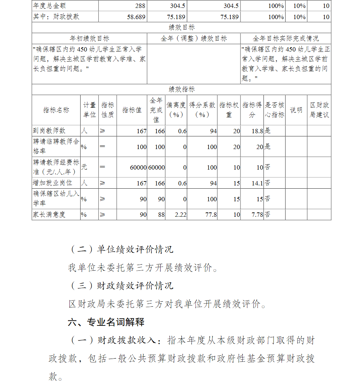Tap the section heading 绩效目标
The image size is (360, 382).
click(x=181, y=28)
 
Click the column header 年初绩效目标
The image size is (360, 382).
click(x=89, y=39)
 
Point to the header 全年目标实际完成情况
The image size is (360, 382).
click(x=285, y=39)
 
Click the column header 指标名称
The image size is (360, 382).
click(x=56, y=110)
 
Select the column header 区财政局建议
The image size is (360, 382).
click(x=319, y=110)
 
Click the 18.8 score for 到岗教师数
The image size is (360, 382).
click(x=257, y=131)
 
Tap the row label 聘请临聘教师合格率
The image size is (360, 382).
click(x=56, y=147)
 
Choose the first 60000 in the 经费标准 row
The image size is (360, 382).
click(x=138, y=167)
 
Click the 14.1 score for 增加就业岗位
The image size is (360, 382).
click(x=257, y=183)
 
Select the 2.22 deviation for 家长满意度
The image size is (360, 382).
click(x=180, y=215)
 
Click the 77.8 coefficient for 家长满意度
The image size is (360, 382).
click(x=211, y=215)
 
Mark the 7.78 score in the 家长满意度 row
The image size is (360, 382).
click(x=257, y=215)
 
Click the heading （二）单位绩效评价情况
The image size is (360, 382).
click(x=121, y=249)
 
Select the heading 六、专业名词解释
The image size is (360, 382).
click(x=106, y=322)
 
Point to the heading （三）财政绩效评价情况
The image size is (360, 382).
click(x=121, y=286)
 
